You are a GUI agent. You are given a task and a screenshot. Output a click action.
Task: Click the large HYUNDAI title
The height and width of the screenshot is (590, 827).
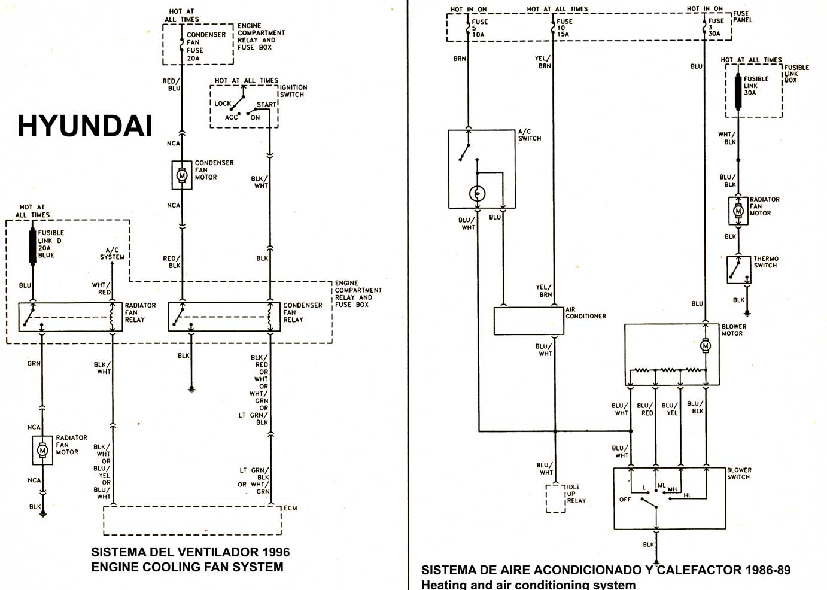tap(85, 126)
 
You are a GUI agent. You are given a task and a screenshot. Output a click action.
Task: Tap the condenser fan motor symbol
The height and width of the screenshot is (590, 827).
tap(182, 175)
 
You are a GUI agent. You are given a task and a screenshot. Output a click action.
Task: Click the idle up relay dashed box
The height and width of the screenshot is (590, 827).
tap(556, 499)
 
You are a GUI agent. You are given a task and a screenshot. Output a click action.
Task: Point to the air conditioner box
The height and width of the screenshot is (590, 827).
tap(528, 321)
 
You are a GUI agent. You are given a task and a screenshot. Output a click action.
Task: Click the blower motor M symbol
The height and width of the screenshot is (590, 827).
tap(706, 346)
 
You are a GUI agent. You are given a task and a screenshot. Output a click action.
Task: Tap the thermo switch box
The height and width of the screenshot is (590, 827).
tap(739, 270)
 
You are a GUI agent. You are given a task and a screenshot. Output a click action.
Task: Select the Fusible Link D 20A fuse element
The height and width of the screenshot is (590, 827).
tap(32, 247)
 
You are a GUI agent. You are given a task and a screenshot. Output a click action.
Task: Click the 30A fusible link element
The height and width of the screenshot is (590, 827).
tap(738, 92)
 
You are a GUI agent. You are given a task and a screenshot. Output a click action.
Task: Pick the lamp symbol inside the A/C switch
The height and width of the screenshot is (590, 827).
tap(477, 193)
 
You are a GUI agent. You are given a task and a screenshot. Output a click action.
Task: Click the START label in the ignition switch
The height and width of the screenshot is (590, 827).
tap(266, 105)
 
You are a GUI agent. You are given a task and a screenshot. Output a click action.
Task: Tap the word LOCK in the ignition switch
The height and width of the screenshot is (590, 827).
tap(223, 104)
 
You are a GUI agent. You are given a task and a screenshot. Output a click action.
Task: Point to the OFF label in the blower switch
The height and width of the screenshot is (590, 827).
tap(625, 500)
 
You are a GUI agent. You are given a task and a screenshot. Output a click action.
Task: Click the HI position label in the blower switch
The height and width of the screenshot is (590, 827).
tap(686, 495)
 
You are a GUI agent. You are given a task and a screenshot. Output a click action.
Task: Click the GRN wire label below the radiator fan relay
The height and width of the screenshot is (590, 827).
tap(34, 363)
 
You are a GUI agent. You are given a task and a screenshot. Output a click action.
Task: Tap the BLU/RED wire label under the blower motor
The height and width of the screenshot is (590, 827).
tap(645, 409)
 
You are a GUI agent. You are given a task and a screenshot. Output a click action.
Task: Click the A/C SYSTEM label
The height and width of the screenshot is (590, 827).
tap(113, 253)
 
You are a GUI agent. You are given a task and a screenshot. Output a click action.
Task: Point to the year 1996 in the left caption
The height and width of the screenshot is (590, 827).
tap(276, 552)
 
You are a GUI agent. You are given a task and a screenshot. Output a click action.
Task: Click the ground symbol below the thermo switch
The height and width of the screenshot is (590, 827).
tap(747, 314)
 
